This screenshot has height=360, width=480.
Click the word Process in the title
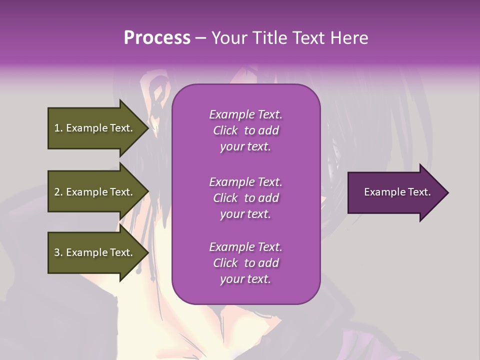pos(157,38)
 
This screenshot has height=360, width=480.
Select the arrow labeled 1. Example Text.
pos(95,128)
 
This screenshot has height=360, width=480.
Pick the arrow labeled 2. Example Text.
pos(95,192)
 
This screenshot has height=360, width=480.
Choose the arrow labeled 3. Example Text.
pos(95,252)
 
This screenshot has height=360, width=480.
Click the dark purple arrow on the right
pos(395,192)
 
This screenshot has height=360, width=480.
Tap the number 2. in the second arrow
pos(58,192)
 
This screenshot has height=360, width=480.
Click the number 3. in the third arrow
pos(58,252)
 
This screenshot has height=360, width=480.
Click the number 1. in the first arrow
pos(58,128)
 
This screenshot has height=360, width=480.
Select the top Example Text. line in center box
pos(245,114)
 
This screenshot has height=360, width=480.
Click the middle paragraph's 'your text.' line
pos(245,214)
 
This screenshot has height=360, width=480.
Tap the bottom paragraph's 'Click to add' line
pos(245,263)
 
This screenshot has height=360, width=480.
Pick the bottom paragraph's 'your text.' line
pos(245,279)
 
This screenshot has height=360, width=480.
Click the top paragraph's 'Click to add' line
pos(245,130)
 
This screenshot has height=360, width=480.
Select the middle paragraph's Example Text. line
pos(245,182)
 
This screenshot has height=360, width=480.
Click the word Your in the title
pos(227,38)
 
